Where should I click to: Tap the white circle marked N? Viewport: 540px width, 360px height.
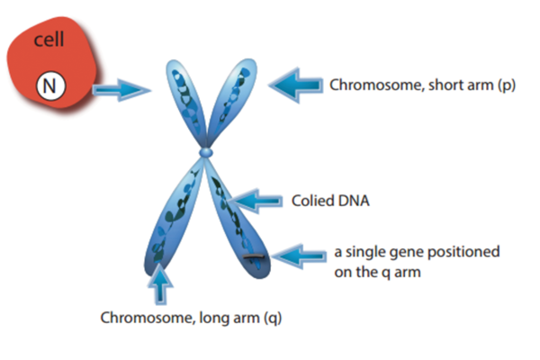(47, 86)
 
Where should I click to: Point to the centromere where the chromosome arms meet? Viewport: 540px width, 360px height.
(206, 156)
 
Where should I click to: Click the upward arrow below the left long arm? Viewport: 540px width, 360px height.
(161, 286)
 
